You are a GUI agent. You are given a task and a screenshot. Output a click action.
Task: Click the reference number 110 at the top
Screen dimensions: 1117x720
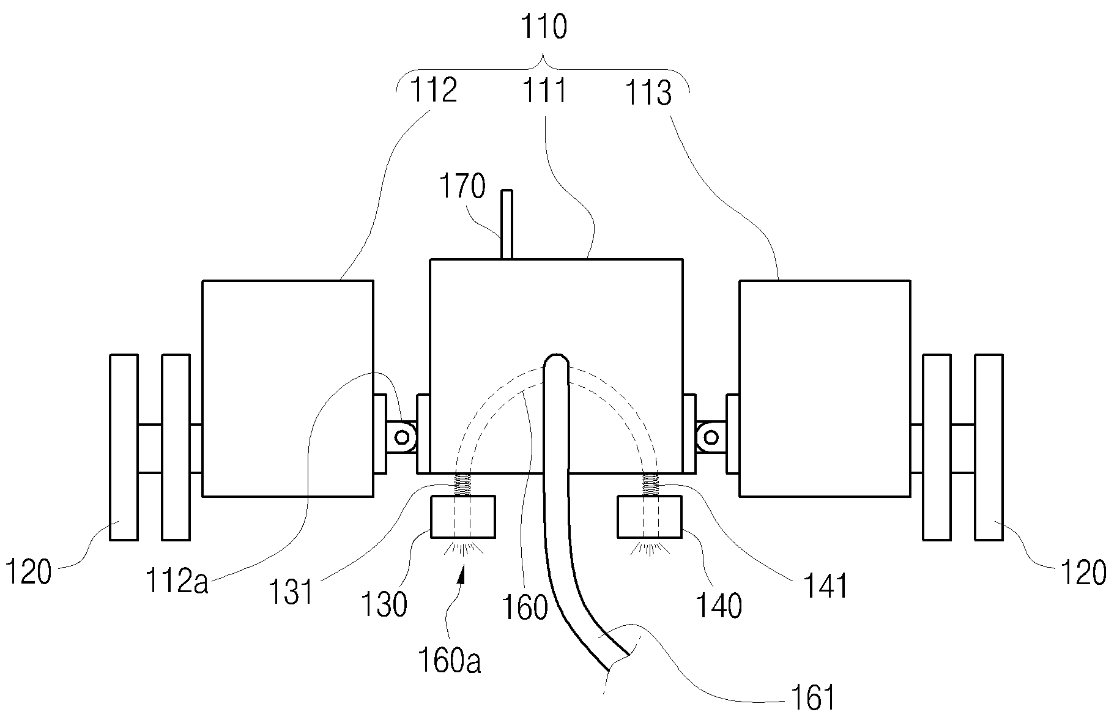544,28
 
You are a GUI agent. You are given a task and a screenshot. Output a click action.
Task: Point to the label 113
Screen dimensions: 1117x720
648,93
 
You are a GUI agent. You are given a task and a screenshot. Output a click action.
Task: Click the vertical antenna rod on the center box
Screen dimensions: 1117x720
507,225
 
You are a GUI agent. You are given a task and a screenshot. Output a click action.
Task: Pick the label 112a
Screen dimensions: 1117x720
177,580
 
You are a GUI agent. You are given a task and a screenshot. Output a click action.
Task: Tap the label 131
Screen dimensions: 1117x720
292,592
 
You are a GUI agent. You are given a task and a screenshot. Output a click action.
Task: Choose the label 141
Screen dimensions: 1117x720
827,586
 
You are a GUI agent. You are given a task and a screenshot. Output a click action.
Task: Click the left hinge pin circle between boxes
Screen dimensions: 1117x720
402,437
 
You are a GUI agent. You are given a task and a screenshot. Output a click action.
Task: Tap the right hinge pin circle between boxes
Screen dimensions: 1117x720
711,437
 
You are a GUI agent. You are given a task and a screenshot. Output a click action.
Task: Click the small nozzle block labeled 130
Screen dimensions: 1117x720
463,518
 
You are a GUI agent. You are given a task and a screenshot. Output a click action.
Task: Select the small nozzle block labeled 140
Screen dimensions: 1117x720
650,518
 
